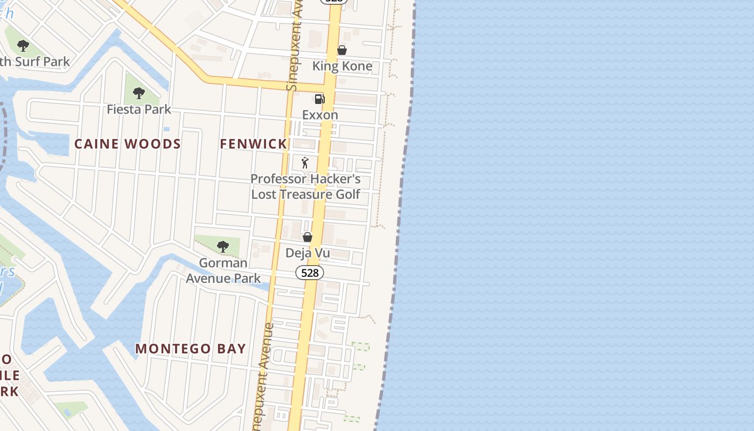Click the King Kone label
click(342, 66)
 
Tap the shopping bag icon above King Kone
click(341, 50)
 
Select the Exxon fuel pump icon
click(319, 99)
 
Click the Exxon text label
click(320, 115)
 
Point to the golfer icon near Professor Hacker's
click(305, 162)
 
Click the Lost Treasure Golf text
click(305, 194)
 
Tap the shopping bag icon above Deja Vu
click(308, 237)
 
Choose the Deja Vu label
click(308, 253)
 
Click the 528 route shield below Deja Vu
click(310, 273)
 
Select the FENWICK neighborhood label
click(253, 144)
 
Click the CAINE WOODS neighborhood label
click(128, 144)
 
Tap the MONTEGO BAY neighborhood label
click(191, 349)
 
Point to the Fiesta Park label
click(139, 109)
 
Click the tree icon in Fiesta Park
click(139, 93)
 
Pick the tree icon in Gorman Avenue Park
click(222, 247)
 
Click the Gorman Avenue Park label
click(223, 270)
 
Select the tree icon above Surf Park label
click(23, 46)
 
